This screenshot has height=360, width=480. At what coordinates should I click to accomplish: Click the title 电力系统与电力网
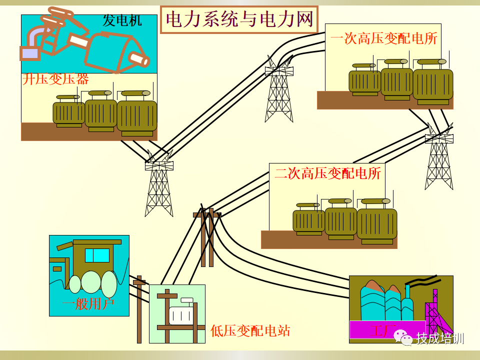pyautogui.click(x=239, y=19)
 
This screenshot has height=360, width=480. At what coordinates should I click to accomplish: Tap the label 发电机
pyautogui.click(x=122, y=20)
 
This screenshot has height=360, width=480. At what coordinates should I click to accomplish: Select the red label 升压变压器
pyautogui.click(x=55, y=79)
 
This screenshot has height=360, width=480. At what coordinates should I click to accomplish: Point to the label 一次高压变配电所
pyautogui.click(x=383, y=38)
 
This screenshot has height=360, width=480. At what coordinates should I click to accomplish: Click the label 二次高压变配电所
pyautogui.click(x=327, y=173)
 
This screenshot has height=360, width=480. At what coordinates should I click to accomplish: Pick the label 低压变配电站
pyautogui.click(x=250, y=330)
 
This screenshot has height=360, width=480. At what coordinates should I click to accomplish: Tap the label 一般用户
pyautogui.click(x=88, y=303)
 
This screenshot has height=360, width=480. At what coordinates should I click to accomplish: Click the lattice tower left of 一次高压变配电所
pyautogui.click(x=279, y=92)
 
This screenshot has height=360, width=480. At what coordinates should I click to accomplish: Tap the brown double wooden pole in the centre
pyautogui.click(x=207, y=237)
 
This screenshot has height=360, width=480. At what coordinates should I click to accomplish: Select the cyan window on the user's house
pyautogui.click(x=97, y=255)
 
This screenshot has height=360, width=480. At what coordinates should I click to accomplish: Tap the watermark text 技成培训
pyautogui.click(x=440, y=338)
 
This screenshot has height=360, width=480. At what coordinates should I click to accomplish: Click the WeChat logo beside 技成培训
pyautogui.click(x=404, y=338)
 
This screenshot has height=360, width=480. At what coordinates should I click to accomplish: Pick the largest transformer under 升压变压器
pyautogui.click(x=137, y=115)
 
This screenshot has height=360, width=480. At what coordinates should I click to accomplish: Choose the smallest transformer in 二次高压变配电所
pyautogui.click(x=308, y=220)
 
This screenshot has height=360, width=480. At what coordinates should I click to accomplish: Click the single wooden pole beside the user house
pyautogui.click(x=139, y=310)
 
